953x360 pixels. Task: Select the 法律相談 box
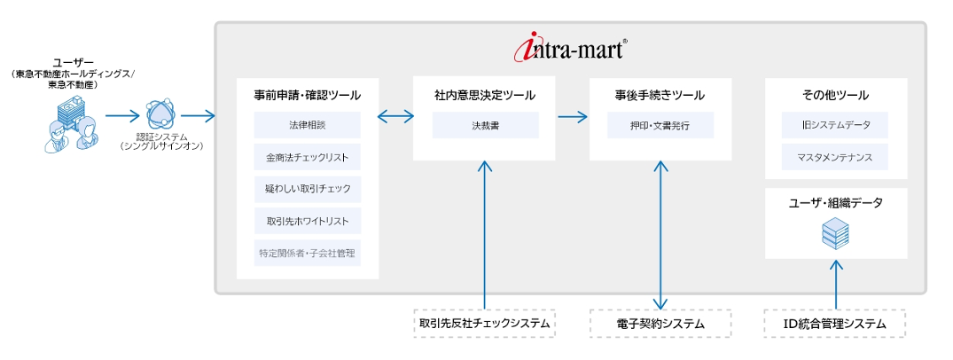[308, 125]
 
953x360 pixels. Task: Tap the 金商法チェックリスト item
[308, 157]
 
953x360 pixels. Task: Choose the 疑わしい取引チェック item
[308, 189]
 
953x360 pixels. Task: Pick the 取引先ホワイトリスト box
[308, 221]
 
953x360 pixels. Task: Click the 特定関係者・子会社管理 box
[308, 253]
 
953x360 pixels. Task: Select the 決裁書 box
[485, 125]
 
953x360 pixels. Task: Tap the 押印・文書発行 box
[660, 125]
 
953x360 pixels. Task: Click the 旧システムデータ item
[835, 125]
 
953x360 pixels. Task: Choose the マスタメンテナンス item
[835, 157]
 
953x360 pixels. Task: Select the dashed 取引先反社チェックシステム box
[485, 324]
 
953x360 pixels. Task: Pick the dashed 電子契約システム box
[660, 324]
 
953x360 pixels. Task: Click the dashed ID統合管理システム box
[835, 324]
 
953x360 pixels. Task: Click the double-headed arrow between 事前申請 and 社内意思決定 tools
[395, 115]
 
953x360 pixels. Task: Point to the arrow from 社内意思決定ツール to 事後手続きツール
[573, 115]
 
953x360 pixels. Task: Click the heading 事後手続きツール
[660, 95]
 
